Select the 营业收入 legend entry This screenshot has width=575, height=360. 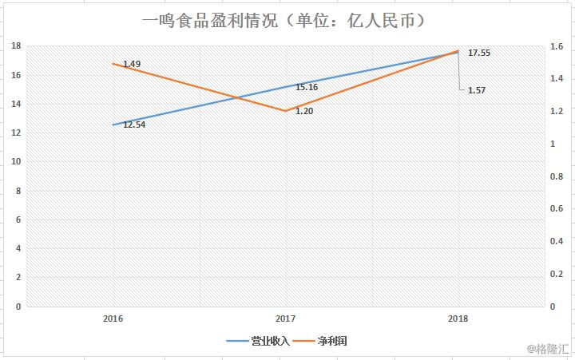[x=270, y=341]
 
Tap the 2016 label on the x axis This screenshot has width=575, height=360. [x=113, y=318]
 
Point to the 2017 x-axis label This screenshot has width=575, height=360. [x=286, y=318]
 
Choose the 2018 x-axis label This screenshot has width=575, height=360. [x=458, y=318]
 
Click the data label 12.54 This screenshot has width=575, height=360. [x=134, y=125]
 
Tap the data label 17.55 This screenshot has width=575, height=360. [x=480, y=53]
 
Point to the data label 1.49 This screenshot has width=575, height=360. [x=132, y=63]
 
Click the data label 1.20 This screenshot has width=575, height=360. [x=304, y=110]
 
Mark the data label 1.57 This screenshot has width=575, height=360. [x=477, y=90]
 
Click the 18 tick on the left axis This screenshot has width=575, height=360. [x=15, y=46]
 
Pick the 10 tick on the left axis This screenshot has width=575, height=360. [x=15, y=161]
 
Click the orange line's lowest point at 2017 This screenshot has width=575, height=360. [x=286, y=111]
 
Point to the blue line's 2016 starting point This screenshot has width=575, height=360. [x=113, y=125]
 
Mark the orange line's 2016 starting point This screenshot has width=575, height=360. [x=113, y=64]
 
